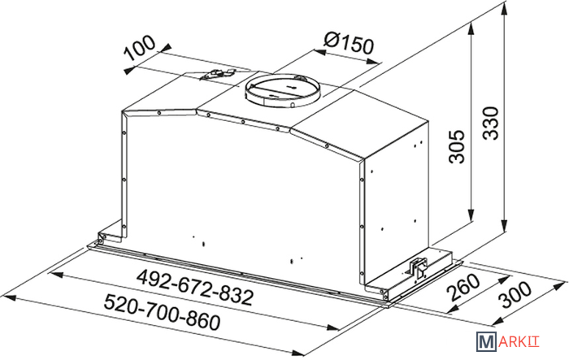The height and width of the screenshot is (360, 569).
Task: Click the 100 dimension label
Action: click(x=140, y=48)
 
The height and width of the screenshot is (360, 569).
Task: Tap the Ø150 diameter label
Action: click(x=349, y=44)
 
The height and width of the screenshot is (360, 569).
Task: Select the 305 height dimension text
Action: click(x=457, y=146)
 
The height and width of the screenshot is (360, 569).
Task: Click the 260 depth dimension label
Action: click(x=463, y=287)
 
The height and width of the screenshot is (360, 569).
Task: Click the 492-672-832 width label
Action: click(x=194, y=287)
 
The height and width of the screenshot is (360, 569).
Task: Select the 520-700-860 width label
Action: click(x=162, y=312)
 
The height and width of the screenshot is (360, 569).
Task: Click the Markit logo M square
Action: click(x=486, y=341)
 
